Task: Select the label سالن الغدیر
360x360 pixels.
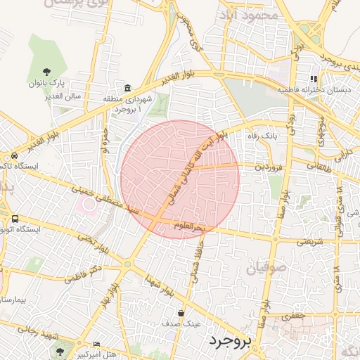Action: [x=61, y=95]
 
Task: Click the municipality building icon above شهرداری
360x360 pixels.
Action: [x=127, y=88]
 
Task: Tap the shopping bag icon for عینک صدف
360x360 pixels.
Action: [x=181, y=313]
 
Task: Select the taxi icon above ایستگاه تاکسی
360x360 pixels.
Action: [x=15, y=155]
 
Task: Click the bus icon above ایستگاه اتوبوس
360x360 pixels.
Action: [x=15, y=218]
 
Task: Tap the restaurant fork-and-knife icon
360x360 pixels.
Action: [x=314, y=79]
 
